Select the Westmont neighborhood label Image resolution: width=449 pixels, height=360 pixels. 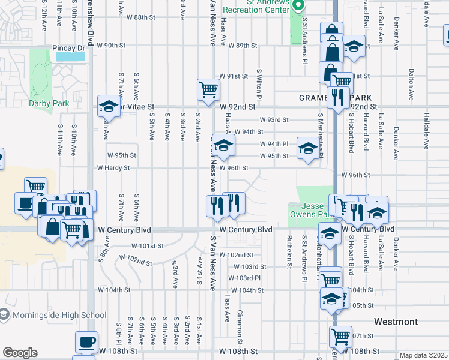click(x=396, y=322)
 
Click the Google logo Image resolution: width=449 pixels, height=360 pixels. click(x=20, y=353)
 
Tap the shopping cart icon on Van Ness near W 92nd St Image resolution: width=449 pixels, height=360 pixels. click(x=208, y=89)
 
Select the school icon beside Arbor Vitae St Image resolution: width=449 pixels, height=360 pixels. click(x=109, y=106)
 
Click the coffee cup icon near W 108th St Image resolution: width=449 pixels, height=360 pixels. click(x=86, y=342)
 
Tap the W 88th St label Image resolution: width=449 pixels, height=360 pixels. click(x=137, y=17)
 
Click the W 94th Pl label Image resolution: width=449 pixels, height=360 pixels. click(x=274, y=144)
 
